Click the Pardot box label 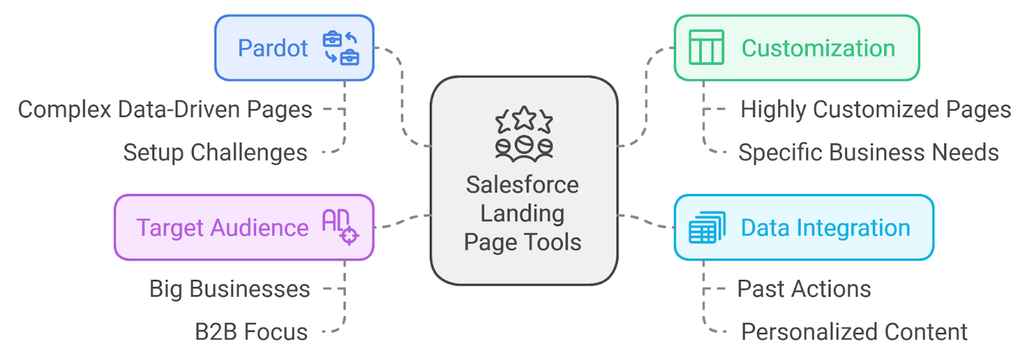(x=273, y=48)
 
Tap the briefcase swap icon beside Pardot (x=340, y=48)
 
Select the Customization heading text (x=818, y=48)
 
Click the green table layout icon (x=706, y=48)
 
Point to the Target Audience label (x=222, y=228)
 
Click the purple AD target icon (x=339, y=227)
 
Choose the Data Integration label (x=825, y=228)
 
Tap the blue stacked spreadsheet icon (x=706, y=228)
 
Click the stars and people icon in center (x=523, y=134)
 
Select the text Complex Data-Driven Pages (x=165, y=110)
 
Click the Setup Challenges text (x=215, y=153)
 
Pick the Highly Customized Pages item (x=875, y=110)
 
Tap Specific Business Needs (x=868, y=153)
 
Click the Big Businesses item (x=229, y=290)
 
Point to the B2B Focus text (x=251, y=332)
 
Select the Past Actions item (x=804, y=290)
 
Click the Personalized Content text (x=854, y=332)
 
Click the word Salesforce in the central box (x=522, y=185)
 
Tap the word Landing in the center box (x=522, y=213)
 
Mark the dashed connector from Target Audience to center (x=402, y=221)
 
